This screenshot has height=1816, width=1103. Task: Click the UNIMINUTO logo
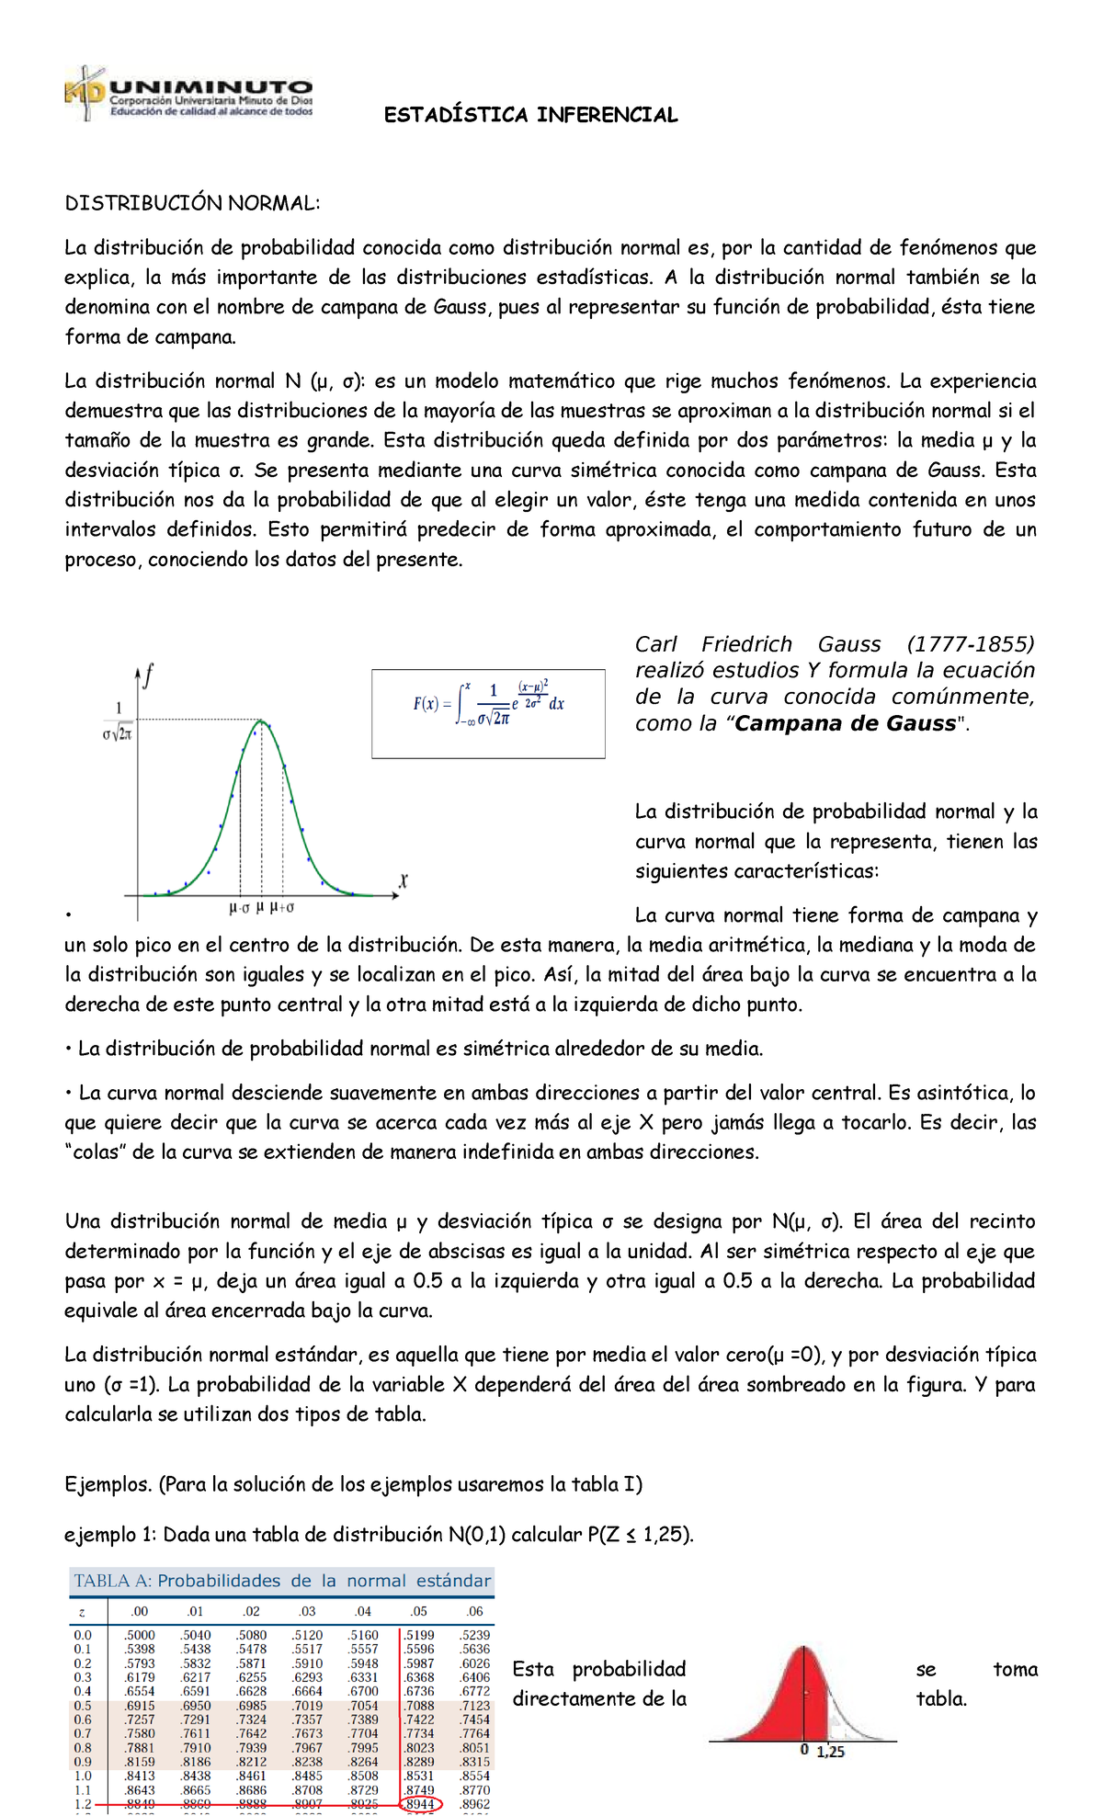pyautogui.click(x=188, y=95)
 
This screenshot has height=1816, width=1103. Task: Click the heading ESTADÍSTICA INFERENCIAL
pyautogui.click(x=530, y=115)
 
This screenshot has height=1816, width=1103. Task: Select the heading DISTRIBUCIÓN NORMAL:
pyautogui.click(x=192, y=203)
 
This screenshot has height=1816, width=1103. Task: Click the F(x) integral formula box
pyautogui.click(x=488, y=713)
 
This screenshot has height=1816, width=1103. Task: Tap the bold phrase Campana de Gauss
pyautogui.click(x=845, y=723)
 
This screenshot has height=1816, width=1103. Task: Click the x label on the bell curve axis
pyautogui.click(x=403, y=881)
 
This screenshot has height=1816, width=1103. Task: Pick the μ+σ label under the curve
pyautogui.click(x=282, y=908)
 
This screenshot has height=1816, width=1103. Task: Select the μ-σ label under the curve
pyautogui.click(x=238, y=908)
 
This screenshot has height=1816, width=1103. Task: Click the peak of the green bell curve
pyautogui.click(x=262, y=721)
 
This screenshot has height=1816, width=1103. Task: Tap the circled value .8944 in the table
pyautogui.click(x=420, y=1804)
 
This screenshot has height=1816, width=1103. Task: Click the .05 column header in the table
pyautogui.click(x=418, y=1611)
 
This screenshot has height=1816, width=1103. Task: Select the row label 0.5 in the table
pyautogui.click(x=83, y=1706)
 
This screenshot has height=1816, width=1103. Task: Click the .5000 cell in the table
pyautogui.click(x=140, y=1635)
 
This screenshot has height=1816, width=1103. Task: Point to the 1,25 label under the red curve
pyautogui.click(x=830, y=1752)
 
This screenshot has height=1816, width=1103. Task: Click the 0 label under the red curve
pyautogui.click(x=804, y=1750)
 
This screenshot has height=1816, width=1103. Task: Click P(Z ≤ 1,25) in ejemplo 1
pyautogui.click(x=640, y=1534)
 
